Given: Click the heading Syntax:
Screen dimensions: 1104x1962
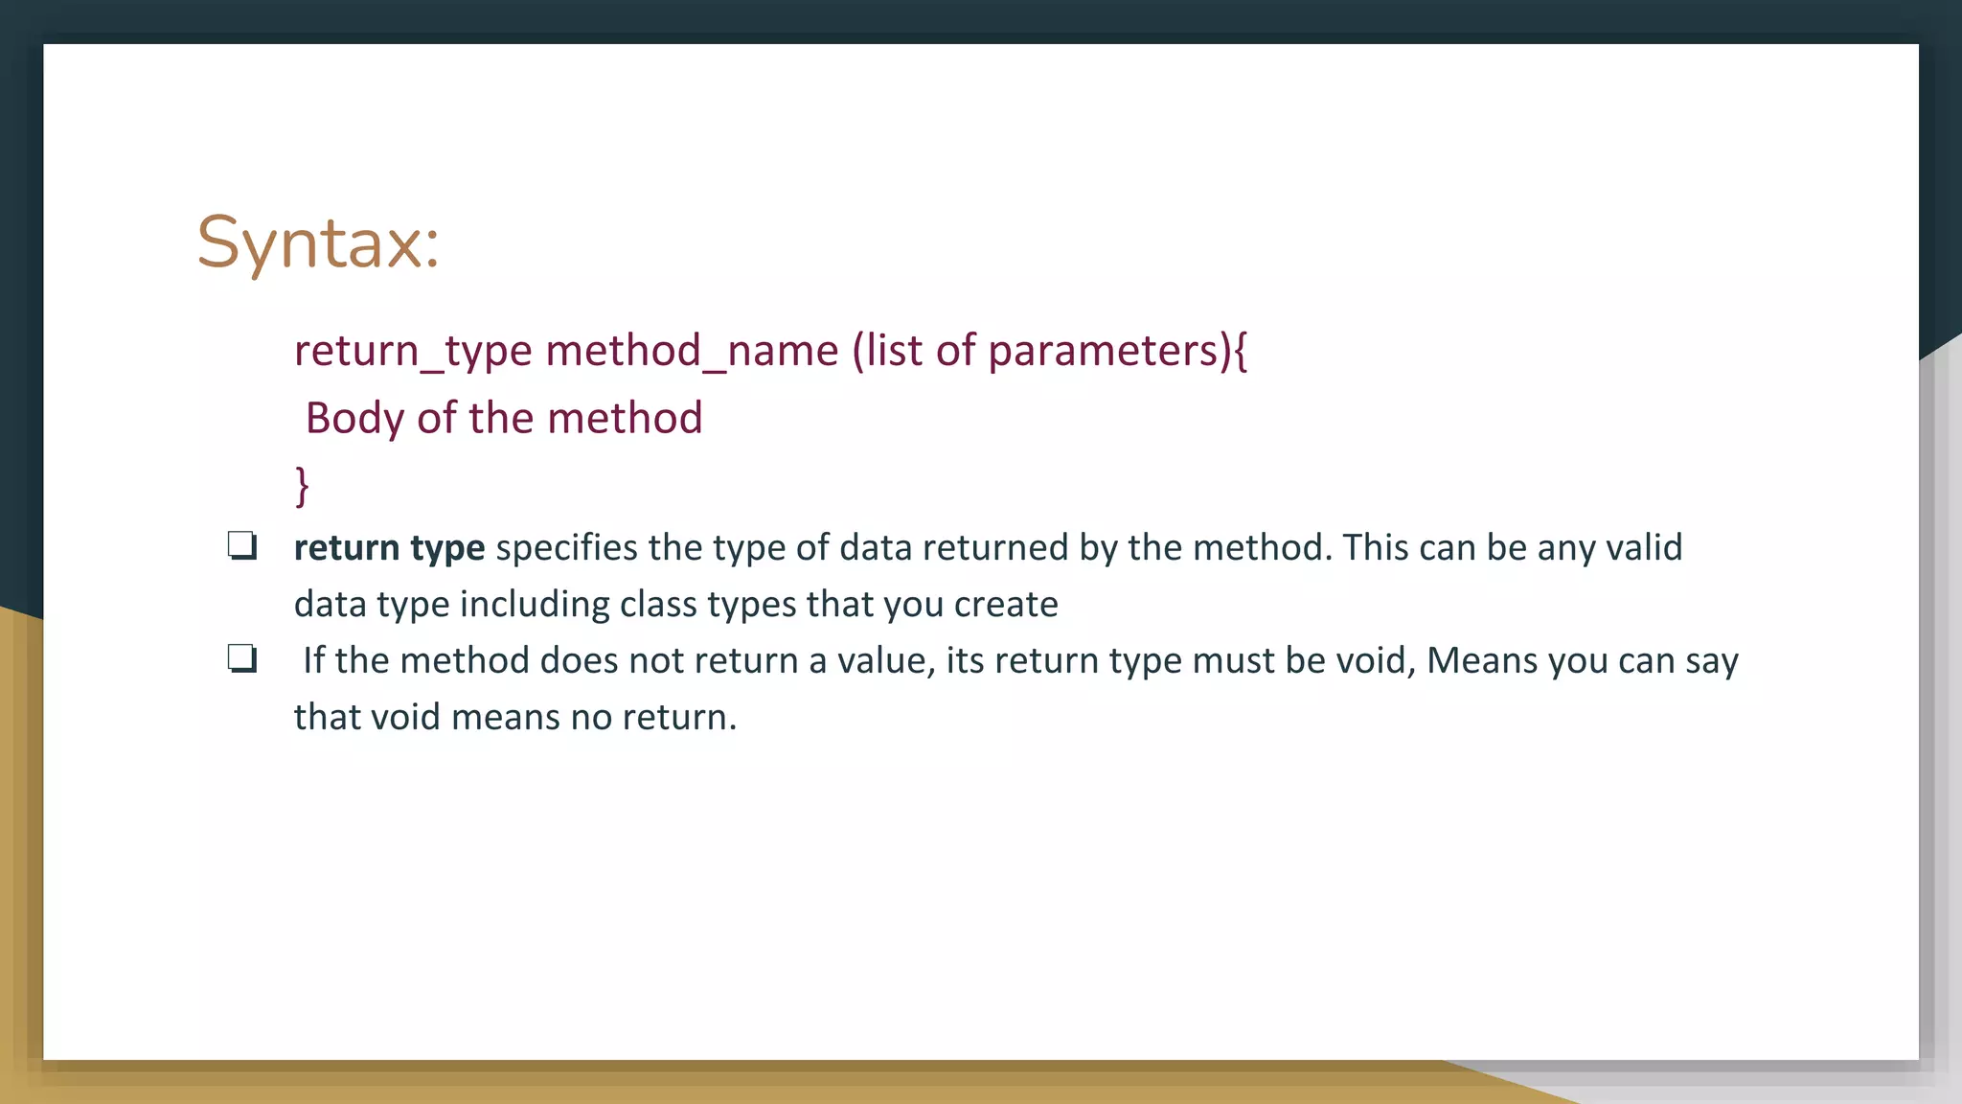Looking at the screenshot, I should click(318, 243).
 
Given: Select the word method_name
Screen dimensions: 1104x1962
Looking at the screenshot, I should click(692, 351).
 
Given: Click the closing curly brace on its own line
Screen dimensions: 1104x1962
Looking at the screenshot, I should click(302, 485).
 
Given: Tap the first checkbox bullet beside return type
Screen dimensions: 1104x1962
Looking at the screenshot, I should click(242, 546).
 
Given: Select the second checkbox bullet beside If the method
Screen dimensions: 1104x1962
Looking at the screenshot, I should click(242, 659).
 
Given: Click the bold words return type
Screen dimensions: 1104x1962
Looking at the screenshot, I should click(389, 548).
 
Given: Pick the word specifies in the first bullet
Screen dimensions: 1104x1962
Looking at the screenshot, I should click(566, 548).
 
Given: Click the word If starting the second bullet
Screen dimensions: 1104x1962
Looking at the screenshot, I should click(313, 661).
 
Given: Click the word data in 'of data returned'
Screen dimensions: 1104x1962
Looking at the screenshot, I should click(876, 548).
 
